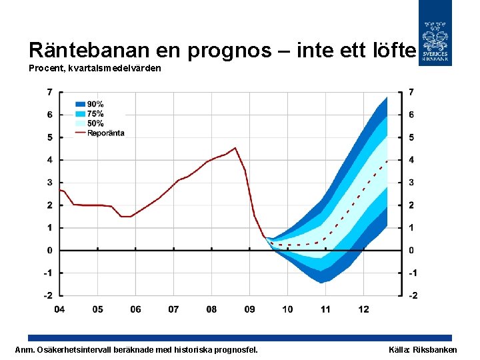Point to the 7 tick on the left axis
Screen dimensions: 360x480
click(x=50, y=91)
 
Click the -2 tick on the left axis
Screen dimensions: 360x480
click(x=49, y=295)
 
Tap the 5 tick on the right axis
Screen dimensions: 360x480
click(x=411, y=137)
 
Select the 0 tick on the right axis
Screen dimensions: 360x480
click(x=411, y=250)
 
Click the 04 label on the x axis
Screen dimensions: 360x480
click(x=59, y=309)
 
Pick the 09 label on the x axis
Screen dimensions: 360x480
click(x=249, y=309)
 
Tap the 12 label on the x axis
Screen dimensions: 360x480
click(x=363, y=309)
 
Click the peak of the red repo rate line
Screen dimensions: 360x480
click(x=235, y=148)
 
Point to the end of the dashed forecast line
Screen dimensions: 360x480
click(x=387, y=161)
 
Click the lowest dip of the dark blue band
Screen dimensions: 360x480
click(x=322, y=282)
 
